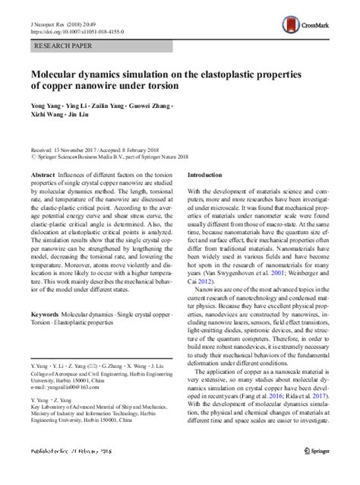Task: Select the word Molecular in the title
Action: click(x=60, y=74)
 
